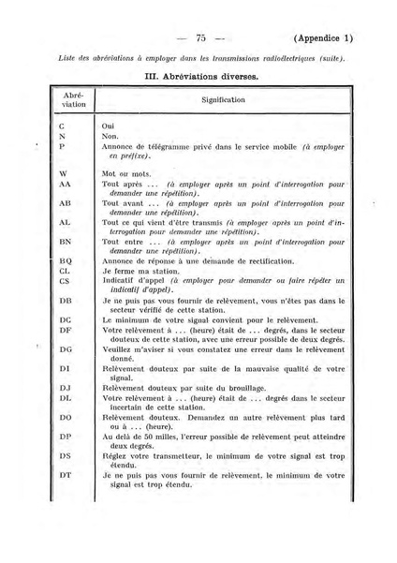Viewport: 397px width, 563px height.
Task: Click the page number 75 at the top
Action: click(199, 38)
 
